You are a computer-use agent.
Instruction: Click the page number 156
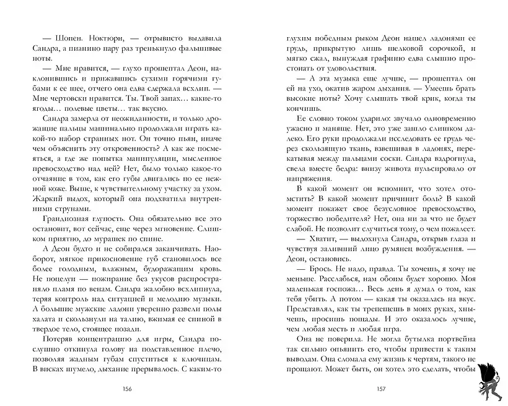[129, 388]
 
